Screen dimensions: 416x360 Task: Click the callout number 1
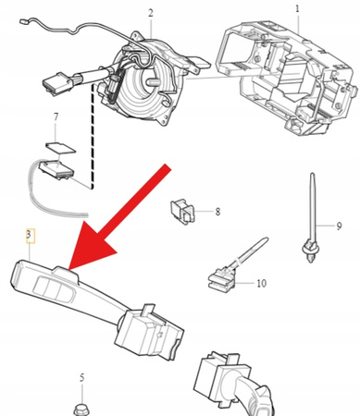(298, 10)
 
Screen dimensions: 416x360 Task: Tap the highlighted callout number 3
(30, 238)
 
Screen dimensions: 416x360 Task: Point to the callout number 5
(81, 377)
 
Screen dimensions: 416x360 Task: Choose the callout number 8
(217, 212)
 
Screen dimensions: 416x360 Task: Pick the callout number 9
(339, 226)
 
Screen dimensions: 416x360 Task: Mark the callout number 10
(262, 282)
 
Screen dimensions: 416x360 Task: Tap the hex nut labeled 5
(80, 407)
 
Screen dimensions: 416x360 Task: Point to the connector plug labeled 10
(222, 275)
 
